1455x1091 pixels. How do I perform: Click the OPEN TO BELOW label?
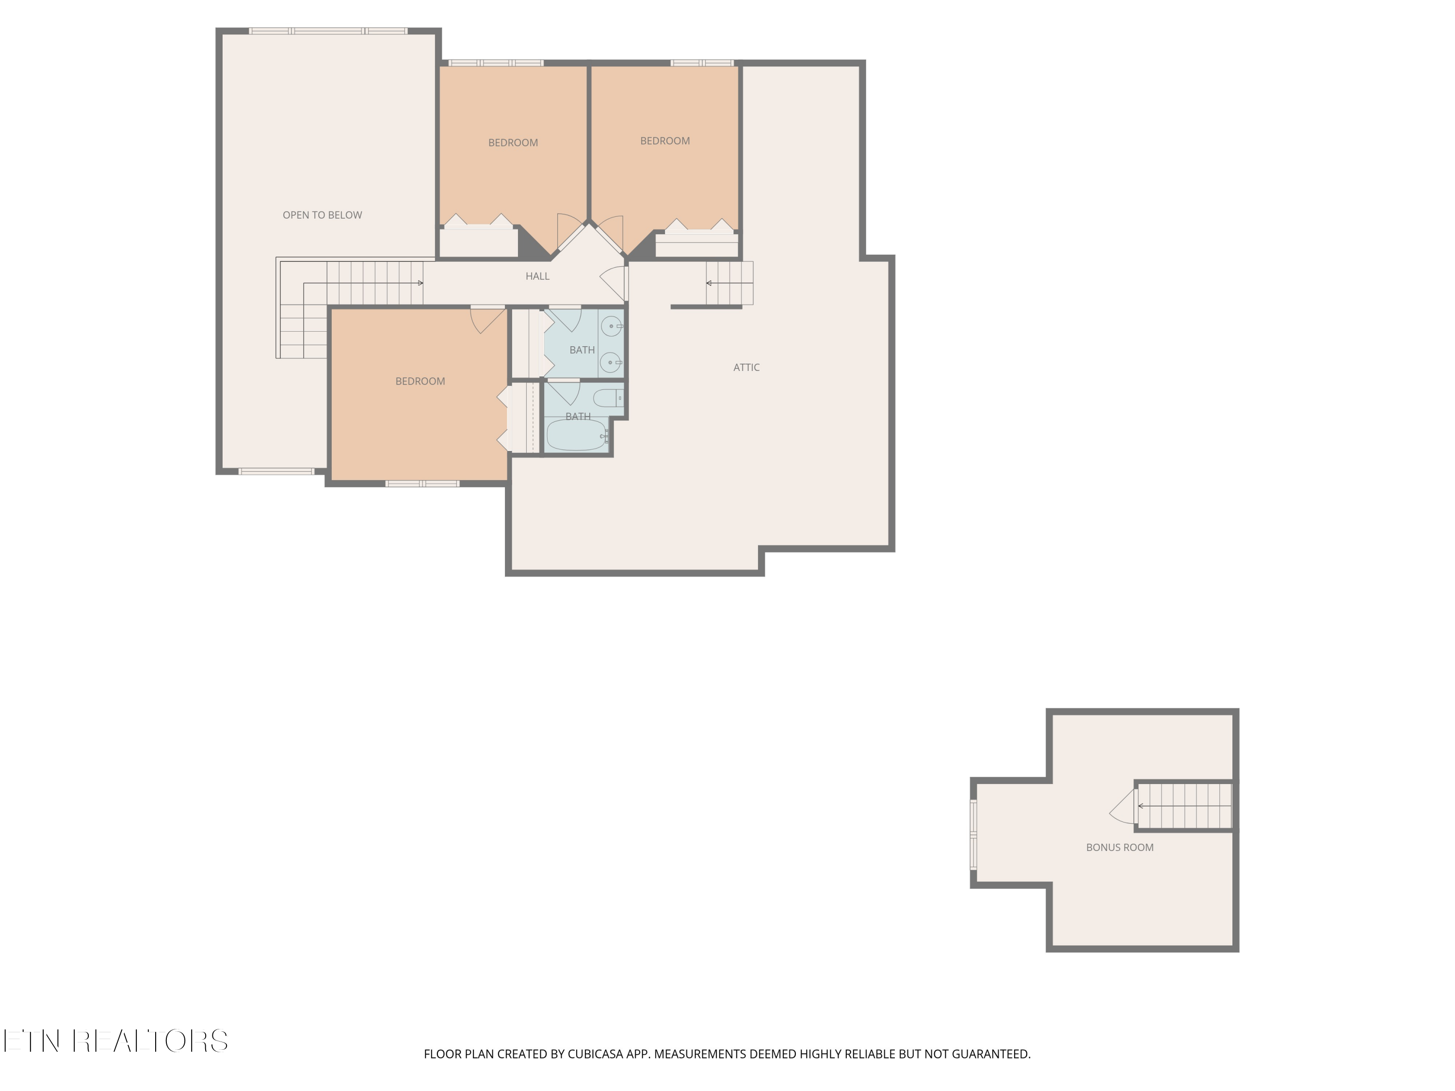tap(323, 215)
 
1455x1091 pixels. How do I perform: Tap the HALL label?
tap(537, 276)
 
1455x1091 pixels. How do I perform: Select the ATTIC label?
tap(746, 368)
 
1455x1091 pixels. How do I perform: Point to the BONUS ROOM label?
tap(1119, 848)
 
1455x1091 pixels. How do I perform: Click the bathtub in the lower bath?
tap(576, 436)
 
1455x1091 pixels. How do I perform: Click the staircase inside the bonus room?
tap(1184, 805)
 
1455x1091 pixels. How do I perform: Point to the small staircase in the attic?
tap(729, 284)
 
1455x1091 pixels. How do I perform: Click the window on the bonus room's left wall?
tap(973, 834)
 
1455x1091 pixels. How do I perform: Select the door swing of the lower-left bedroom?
tap(487, 320)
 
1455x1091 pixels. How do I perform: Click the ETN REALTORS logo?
tap(116, 1041)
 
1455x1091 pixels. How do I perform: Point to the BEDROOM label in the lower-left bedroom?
tap(420, 382)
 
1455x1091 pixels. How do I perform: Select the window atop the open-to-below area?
tap(328, 31)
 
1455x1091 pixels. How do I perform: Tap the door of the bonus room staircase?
tap(1123, 806)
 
